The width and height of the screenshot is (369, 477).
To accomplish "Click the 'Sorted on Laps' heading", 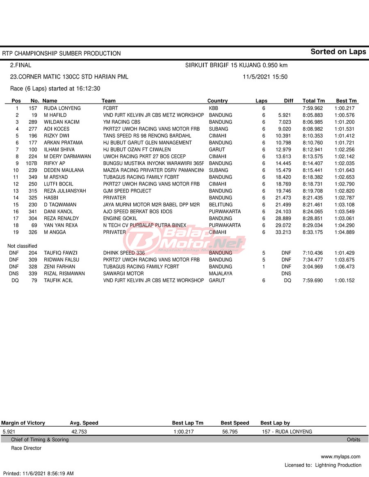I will pyautogui.click(x=338, y=52).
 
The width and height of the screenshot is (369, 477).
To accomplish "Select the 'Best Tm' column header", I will pyautogui.click(x=346, y=101).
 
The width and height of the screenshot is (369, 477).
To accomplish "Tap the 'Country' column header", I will pyautogui.click(x=217, y=101).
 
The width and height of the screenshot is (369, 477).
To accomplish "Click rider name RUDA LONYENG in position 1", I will pyautogui.click(x=62, y=109).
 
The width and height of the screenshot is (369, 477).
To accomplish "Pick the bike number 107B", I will pyautogui.click(x=31, y=163).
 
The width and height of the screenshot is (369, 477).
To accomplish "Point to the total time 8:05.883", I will pyautogui.click(x=313, y=115).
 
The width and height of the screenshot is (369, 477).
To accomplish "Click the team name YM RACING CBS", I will pyautogui.click(x=121, y=122).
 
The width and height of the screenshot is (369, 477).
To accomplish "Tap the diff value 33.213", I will pyautogui.click(x=283, y=232).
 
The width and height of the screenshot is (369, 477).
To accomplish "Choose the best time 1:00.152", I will pyautogui.click(x=344, y=280).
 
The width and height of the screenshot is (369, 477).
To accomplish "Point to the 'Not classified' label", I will pyautogui.click(x=22, y=246).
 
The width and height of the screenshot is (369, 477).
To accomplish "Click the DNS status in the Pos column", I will pyautogui.click(x=14, y=274).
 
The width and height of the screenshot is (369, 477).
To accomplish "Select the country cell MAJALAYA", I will pyautogui.click(x=221, y=274).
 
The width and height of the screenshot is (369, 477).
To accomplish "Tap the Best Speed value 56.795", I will pyautogui.click(x=230, y=432).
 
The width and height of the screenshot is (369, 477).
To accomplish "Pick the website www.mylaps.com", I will pyautogui.click(x=340, y=457).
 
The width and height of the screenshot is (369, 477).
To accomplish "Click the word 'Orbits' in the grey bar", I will pyautogui.click(x=353, y=440).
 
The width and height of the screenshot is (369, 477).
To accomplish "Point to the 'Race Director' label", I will pyautogui.click(x=26, y=448).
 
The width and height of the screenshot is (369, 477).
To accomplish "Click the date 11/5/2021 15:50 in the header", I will pyautogui.click(x=265, y=77).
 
